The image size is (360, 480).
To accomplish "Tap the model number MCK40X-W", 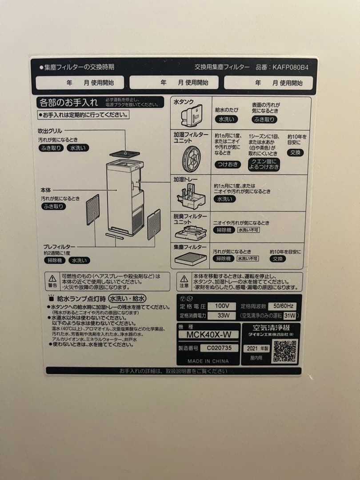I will click(x=209, y=334).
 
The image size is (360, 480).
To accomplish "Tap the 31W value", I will click(x=290, y=316).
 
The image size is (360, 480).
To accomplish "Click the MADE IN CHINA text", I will click(x=208, y=361).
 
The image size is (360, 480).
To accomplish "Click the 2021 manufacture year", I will click(x=257, y=348).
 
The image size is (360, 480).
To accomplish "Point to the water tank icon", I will click(x=192, y=116).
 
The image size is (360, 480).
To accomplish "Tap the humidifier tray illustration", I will click(x=191, y=196).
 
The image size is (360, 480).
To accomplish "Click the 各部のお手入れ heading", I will click(x=68, y=103).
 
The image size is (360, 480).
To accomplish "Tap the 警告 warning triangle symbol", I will click(x=53, y=279).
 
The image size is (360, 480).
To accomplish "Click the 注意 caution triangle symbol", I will click(x=184, y=279).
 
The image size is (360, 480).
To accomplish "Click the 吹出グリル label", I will click(x=50, y=131).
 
